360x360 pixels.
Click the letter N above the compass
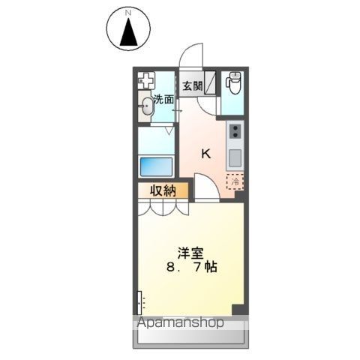pos(128,13)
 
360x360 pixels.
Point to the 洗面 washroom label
pos(163,99)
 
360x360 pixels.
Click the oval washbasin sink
pos(146,108)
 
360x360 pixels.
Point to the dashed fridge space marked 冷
pos(235,181)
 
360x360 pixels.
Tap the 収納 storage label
pos(161,191)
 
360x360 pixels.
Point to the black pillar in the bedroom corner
pos(238,310)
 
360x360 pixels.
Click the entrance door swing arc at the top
pos(192,55)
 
